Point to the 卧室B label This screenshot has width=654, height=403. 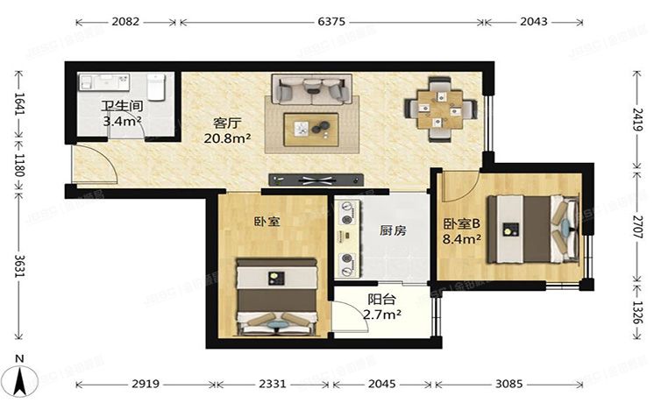click(460, 223)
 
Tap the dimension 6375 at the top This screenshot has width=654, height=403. click(331, 20)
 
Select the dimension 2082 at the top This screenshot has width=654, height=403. click(125, 20)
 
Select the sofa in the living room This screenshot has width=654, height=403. click(311, 88)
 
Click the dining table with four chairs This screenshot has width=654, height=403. click(440, 110)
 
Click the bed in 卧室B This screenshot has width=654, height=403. click(530, 227)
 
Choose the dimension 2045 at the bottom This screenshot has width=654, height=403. click(383, 384)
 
